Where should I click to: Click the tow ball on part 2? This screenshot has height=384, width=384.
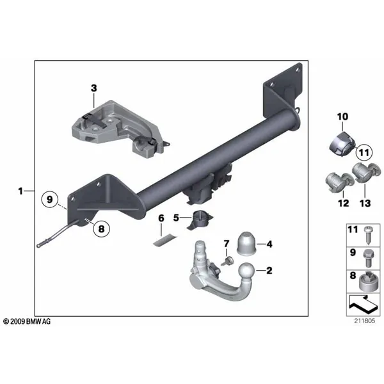tap(247, 271)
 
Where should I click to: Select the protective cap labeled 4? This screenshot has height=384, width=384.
tap(246, 244)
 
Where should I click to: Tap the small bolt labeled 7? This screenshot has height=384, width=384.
tap(227, 261)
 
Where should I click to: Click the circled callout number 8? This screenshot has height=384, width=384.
tap(101, 229)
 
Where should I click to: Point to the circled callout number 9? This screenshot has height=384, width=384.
tap(50, 199)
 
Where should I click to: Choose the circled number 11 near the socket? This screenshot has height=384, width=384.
tap(364, 153)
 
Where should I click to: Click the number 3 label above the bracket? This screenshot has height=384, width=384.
tap(94, 88)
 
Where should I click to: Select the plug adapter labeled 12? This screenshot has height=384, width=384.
tap(339, 182)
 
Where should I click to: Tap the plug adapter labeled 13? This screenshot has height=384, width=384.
tap(366, 172)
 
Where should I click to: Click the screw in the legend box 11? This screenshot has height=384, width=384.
tap(367, 235)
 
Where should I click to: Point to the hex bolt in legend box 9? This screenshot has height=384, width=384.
tap(368, 258)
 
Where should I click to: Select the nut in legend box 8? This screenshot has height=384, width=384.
tap(370, 282)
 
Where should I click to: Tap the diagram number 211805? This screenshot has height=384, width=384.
tap(364, 321)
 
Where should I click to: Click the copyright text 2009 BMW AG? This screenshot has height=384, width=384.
tap(27, 321)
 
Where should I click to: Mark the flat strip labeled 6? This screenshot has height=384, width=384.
tap(165, 240)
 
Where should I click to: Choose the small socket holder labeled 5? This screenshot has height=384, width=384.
tap(200, 220)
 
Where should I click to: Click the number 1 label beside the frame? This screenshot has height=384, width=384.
tap(20, 191)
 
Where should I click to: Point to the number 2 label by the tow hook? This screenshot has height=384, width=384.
tap(269, 270)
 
